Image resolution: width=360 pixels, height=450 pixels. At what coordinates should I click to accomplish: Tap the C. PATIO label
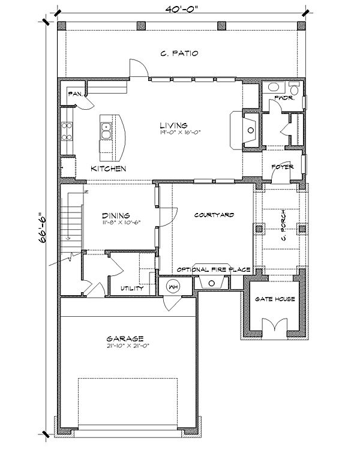click(x=179, y=53)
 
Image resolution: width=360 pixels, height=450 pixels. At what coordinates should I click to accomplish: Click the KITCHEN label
click(x=108, y=169)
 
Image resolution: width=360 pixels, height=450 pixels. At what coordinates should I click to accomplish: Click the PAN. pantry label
click(x=75, y=94)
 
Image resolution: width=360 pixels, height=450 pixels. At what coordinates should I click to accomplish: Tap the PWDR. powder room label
click(x=284, y=97)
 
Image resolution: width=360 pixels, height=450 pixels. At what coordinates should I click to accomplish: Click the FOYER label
click(x=282, y=167)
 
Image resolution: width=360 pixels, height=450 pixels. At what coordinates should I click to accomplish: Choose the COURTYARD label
click(x=214, y=214)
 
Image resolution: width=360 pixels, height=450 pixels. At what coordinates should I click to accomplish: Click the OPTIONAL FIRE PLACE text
click(x=214, y=269)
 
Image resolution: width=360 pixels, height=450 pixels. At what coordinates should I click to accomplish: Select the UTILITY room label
click(x=131, y=288)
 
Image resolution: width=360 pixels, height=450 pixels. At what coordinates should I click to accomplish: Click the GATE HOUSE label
click(x=275, y=298)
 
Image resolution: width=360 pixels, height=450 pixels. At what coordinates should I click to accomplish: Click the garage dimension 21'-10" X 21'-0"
click(x=128, y=347)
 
